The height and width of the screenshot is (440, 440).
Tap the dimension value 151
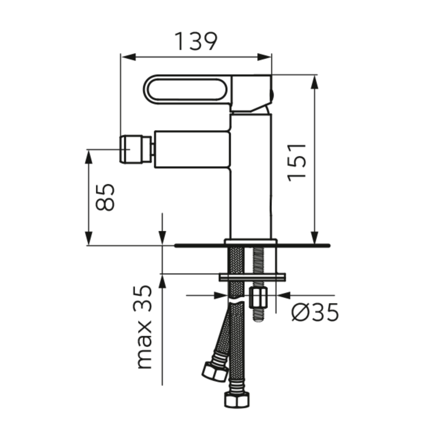[x=296, y=162]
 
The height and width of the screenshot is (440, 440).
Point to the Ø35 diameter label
[x=315, y=312]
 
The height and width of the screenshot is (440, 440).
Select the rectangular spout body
[x=192, y=149]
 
